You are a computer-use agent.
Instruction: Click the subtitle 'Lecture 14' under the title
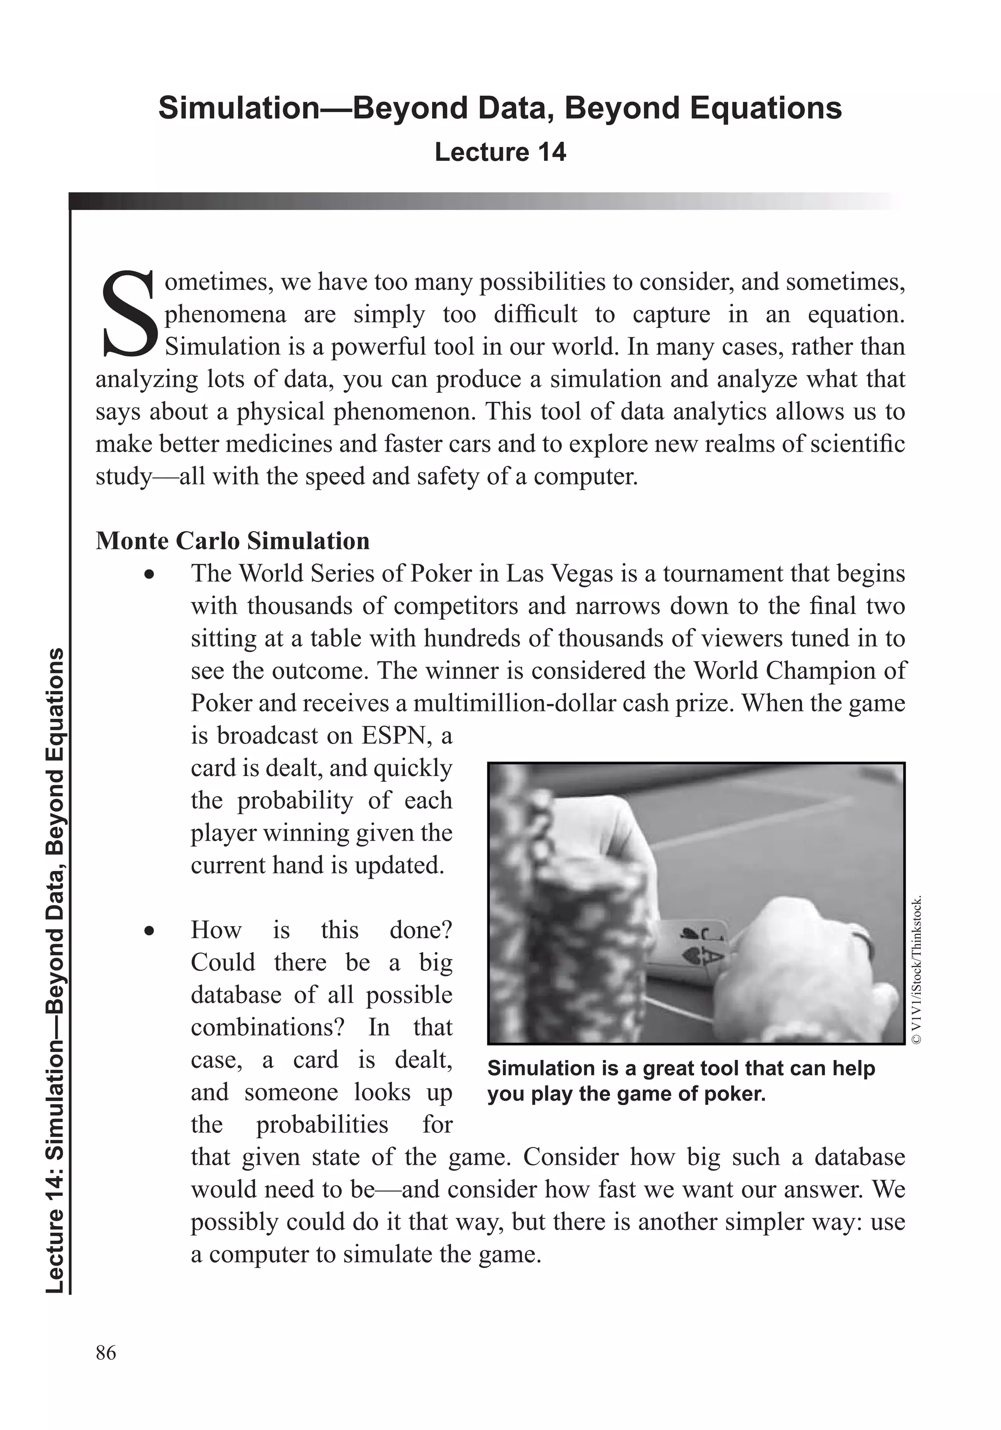[x=500, y=152]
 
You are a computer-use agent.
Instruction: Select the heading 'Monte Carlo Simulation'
[x=232, y=541]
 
